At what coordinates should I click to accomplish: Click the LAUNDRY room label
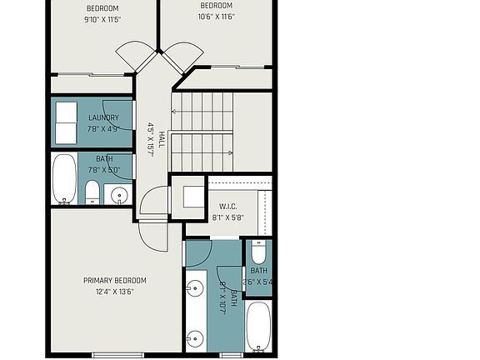pyautogui.click(x=103, y=117)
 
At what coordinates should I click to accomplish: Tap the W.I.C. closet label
pyautogui.click(x=230, y=207)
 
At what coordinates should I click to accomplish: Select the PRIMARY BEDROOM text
pyautogui.click(x=115, y=280)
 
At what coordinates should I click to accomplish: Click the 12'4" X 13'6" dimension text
pyautogui.click(x=115, y=291)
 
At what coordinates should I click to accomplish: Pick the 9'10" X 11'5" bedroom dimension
pyautogui.click(x=103, y=20)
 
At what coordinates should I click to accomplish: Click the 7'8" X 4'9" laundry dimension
pyautogui.click(x=103, y=128)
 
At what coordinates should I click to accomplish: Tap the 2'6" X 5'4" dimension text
pyautogui.click(x=258, y=282)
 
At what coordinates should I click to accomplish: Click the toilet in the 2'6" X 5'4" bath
pyautogui.click(x=257, y=251)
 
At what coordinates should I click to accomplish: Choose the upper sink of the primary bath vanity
pyautogui.click(x=194, y=289)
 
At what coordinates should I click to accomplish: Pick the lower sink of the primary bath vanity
pyautogui.click(x=194, y=337)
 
